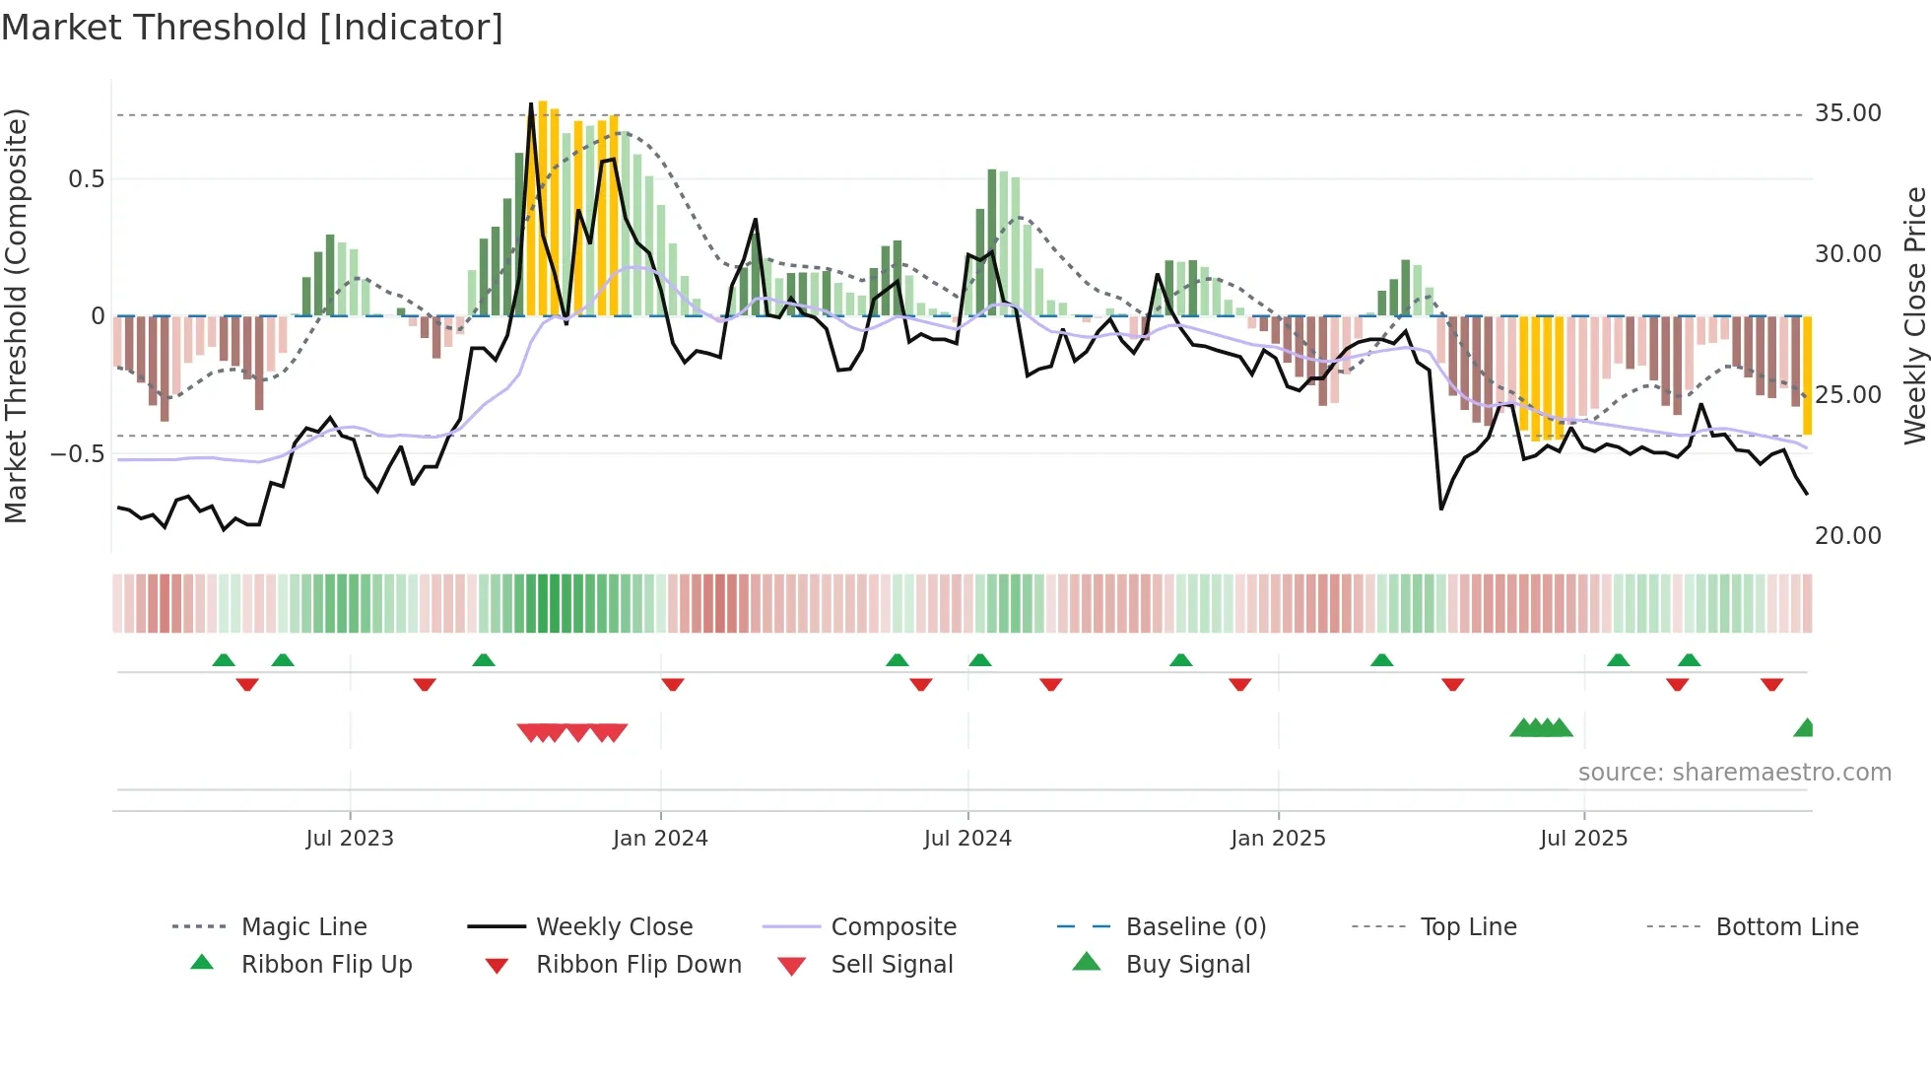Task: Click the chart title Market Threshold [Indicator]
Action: (252, 28)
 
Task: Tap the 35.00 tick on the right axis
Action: (1847, 113)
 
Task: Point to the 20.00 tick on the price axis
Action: (1847, 536)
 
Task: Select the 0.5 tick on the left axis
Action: (86, 179)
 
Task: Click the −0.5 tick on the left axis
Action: (78, 454)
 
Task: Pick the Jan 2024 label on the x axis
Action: (660, 839)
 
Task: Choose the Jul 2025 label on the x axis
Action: (1583, 839)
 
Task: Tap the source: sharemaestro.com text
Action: (1734, 773)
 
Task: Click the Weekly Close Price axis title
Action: (1914, 315)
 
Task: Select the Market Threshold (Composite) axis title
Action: (16, 315)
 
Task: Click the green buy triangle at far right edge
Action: (1805, 728)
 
